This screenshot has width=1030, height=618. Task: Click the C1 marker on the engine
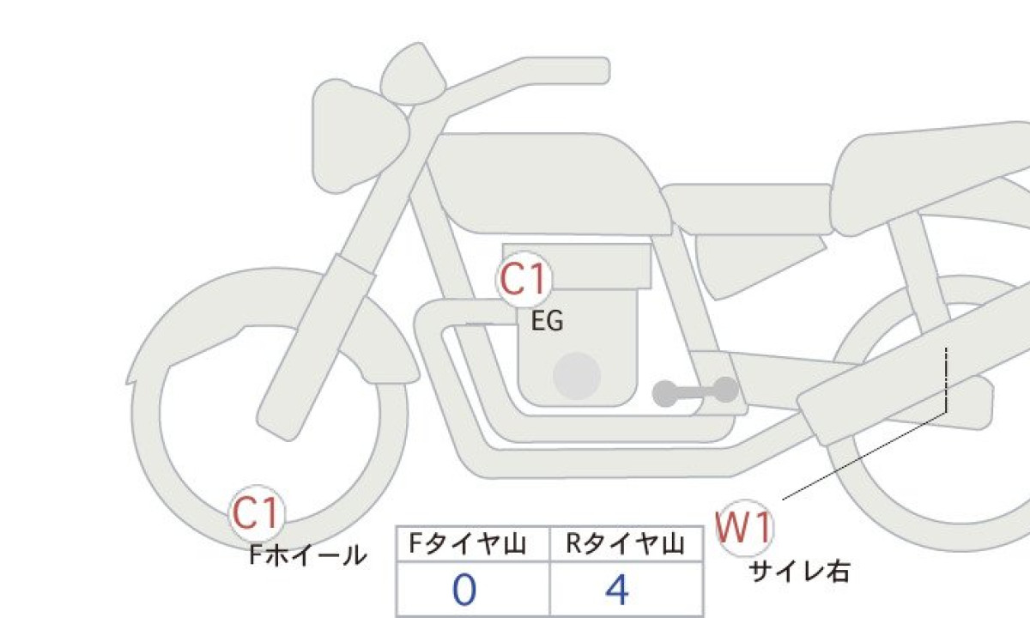click(524, 279)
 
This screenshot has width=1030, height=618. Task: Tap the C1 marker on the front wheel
click(257, 513)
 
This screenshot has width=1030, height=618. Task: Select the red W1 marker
click(745, 528)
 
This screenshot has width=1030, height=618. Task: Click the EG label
click(548, 321)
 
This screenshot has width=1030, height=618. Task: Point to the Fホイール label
click(307, 555)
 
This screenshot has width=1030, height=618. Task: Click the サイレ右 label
click(799, 573)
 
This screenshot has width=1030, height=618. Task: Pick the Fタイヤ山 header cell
click(473, 544)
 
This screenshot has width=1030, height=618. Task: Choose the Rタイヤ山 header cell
click(627, 544)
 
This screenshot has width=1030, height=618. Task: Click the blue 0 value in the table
click(464, 590)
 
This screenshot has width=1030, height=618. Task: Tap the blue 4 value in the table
click(617, 590)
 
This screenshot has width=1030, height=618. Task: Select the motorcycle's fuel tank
click(549, 184)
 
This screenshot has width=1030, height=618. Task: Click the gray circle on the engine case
click(577, 376)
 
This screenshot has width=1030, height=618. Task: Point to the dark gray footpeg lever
click(695, 391)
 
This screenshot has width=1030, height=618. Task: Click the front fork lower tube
click(317, 348)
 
